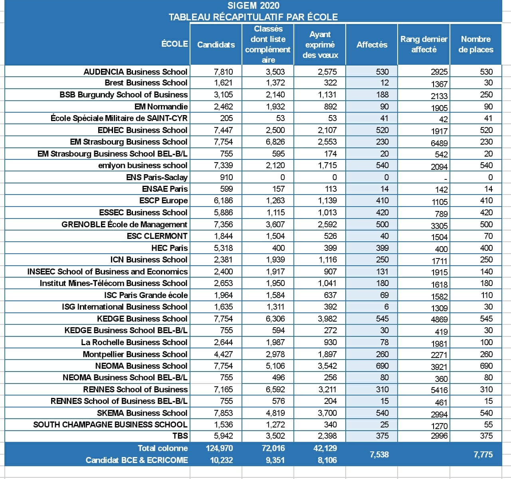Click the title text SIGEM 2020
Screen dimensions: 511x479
pyautogui.click(x=254, y=6)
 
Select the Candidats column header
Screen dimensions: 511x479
pyautogui.click(x=216, y=45)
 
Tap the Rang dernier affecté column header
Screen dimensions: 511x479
pyautogui.click(x=424, y=44)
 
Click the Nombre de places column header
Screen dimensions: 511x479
pyautogui.click(x=476, y=44)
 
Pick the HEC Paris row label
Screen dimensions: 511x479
pyautogui.click(x=170, y=248)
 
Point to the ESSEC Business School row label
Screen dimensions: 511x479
pyautogui.click(x=143, y=212)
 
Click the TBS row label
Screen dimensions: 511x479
pyautogui.click(x=180, y=435)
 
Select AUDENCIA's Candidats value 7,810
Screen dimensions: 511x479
pyautogui.click(x=223, y=72)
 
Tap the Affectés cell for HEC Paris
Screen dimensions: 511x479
pyautogui.click(x=382, y=248)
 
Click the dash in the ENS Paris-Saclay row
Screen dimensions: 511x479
pyautogui.click(x=446, y=178)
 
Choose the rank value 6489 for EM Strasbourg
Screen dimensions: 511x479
pyautogui.click(x=439, y=143)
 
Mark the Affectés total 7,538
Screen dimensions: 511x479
pyautogui.click(x=379, y=455)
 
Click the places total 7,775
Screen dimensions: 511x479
pyautogui.click(x=483, y=455)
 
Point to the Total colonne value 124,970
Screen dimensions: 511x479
pyautogui.click(x=219, y=448)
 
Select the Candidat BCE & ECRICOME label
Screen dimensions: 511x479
pyautogui.click(x=137, y=460)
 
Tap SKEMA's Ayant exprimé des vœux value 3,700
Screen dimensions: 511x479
pyautogui.click(x=327, y=413)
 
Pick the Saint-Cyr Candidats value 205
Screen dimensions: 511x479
pyautogui.click(x=226, y=118)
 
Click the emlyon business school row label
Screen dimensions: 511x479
pyautogui.click(x=143, y=165)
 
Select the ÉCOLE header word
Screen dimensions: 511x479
pyautogui.click(x=175, y=44)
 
